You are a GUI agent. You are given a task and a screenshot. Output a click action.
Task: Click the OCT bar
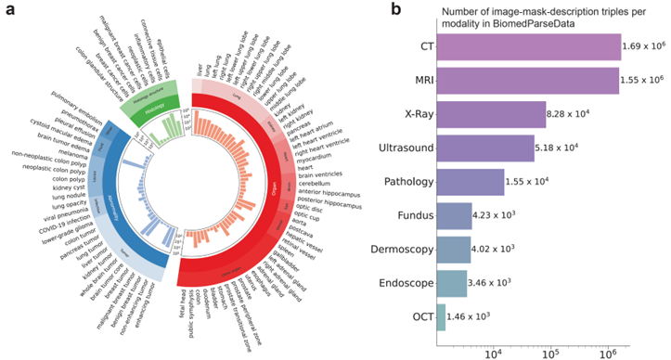click(x=440, y=316)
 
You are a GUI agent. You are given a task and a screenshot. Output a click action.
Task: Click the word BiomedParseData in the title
click(x=536, y=24)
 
